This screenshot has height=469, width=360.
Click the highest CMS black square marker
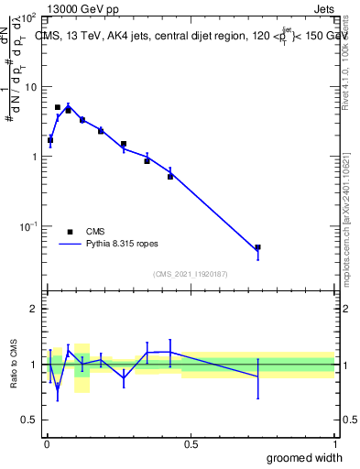coord(58,107)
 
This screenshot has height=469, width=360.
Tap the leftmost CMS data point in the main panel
coord(50,140)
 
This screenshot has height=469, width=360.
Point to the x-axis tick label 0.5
coord(191,443)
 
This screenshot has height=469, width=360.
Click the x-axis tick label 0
coord(47,443)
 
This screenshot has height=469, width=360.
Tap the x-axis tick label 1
coord(334,443)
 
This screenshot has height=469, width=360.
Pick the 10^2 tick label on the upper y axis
coord(29,18)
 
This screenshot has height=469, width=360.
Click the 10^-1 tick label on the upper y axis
coord(29,225)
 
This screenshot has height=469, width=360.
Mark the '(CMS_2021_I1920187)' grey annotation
coord(190,274)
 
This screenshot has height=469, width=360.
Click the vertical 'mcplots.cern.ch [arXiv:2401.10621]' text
coord(347,220)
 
